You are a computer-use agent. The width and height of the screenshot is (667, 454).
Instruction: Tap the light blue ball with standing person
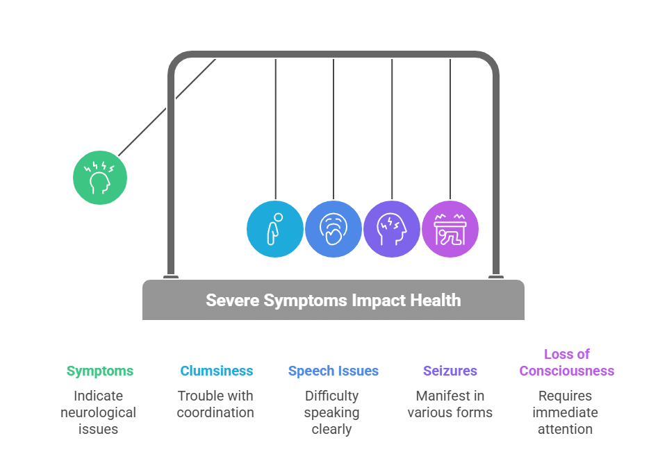coord(275,229)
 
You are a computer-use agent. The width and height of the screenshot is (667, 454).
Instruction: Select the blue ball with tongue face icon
coord(333,229)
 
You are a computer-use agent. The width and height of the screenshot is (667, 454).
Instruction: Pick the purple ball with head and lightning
coord(392,229)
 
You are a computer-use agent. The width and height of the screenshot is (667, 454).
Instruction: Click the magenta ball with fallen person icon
coord(450,229)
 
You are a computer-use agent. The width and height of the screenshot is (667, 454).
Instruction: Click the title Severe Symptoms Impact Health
coord(333,301)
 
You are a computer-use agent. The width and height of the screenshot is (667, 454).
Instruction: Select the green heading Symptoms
coord(100,371)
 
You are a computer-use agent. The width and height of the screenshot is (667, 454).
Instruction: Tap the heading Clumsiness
coord(216,371)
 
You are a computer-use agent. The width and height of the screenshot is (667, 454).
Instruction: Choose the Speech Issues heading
coord(333,371)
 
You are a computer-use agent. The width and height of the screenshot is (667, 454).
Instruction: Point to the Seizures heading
coord(450,371)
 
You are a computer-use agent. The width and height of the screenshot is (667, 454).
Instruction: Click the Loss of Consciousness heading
coord(567,362)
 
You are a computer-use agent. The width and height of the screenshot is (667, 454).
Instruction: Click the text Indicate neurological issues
coord(98,412)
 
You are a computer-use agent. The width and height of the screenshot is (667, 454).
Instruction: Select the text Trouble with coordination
coord(215,404)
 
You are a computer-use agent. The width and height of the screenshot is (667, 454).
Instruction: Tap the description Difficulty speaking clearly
coord(332,412)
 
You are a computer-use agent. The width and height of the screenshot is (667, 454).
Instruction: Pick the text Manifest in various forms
coord(450,404)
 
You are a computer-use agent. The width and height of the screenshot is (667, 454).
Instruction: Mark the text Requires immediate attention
coord(566,412)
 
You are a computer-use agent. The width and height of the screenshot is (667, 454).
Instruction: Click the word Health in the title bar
coord(434,301)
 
